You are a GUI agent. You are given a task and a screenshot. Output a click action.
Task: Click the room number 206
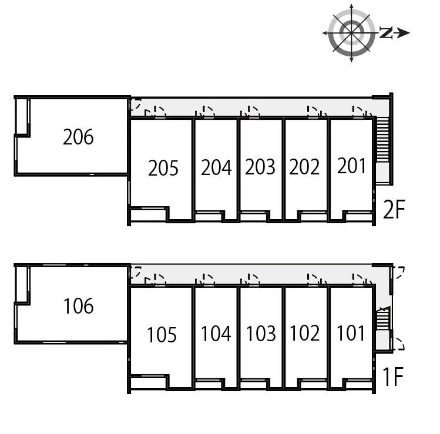coord(78,137)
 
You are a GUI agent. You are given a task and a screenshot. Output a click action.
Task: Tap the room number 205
coord(163,168)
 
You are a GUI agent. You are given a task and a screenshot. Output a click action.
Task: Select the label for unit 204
coord(216,167)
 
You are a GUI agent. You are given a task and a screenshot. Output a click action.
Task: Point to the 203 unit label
coord(260,167)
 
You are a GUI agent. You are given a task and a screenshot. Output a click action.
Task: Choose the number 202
coord(304,167)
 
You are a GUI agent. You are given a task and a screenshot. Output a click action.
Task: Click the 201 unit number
coord(351,166)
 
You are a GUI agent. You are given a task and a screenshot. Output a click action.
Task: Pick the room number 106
coord(79,306)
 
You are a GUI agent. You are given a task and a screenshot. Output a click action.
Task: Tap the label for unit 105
coord(162,335)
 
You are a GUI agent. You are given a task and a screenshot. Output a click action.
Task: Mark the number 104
coord(216,334)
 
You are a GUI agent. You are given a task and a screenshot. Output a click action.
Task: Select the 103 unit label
coord(261,334)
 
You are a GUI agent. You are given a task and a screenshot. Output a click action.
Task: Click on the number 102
coord(305,333)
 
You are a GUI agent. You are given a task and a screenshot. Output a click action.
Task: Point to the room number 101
coord(351,333)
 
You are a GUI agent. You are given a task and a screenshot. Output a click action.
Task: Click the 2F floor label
coord(394,209)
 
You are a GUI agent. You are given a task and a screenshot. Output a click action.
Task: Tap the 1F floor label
coord(393,376)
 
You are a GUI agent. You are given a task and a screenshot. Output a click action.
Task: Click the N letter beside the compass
coord(387,32)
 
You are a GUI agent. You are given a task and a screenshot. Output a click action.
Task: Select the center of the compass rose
coord(351,33)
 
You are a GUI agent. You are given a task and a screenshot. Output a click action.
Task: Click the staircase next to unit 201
coord(382,139)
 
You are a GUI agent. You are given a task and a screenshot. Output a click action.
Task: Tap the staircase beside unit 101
coord(383,318)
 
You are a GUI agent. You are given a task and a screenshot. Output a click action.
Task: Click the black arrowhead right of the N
coord(404,33)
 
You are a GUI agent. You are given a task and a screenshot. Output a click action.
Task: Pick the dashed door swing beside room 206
coord(136,104)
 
